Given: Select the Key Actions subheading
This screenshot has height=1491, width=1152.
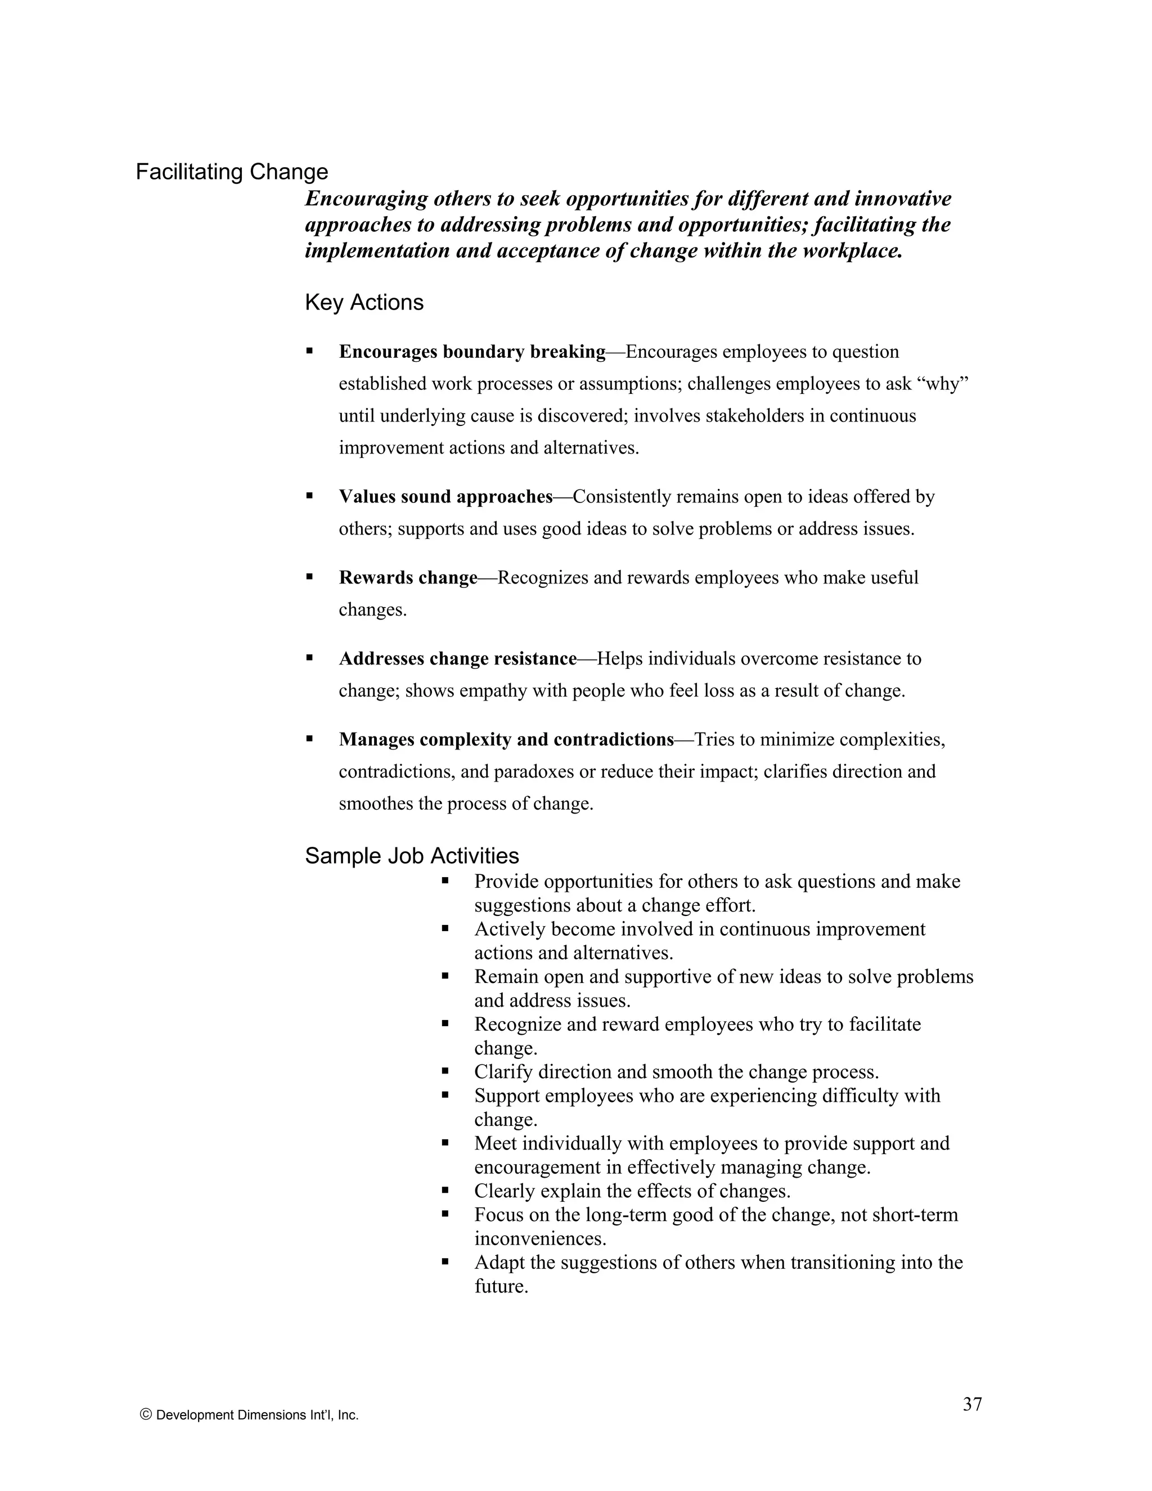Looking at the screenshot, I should click(364, 303).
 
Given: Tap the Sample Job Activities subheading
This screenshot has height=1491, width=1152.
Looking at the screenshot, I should click(412, 855).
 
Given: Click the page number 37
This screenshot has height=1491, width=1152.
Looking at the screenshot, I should click(972, 1404).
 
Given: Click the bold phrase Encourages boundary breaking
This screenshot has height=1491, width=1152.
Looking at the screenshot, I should click(472, 352).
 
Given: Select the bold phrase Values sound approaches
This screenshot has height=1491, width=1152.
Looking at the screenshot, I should click(445, 497).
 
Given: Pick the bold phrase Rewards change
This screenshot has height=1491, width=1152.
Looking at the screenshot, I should click(408, 578).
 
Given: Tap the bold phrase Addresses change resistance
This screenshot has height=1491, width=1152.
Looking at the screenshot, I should click(458, 659).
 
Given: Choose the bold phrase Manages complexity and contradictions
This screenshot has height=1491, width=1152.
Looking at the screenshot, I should click(506, 739).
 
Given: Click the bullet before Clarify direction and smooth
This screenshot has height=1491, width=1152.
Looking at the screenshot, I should click(445, 1071).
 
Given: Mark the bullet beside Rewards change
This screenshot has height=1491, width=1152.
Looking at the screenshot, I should click(309, 577).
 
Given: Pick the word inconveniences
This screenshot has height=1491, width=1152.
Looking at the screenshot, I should click(540, 1238).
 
